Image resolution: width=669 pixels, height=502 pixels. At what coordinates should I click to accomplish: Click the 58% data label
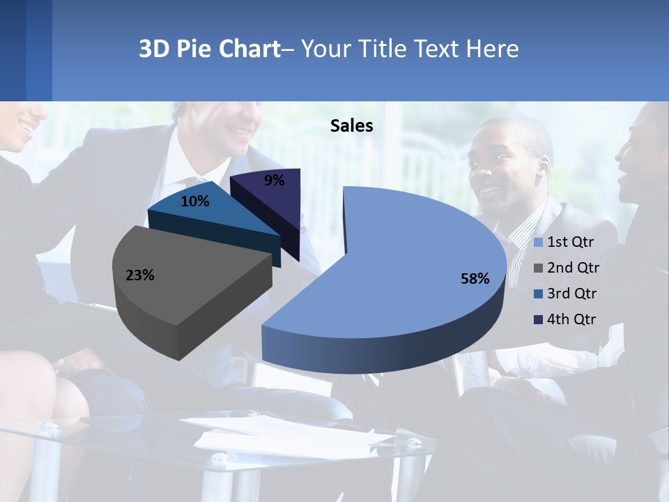pos(475,279)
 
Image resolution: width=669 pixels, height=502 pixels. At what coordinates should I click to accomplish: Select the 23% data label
pos(139,275)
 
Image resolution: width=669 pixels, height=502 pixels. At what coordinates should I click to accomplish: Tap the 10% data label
pos(194,201)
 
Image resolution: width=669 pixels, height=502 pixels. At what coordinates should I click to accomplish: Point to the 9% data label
pos(275,181)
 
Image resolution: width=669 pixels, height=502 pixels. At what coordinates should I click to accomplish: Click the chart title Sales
pos(351,125)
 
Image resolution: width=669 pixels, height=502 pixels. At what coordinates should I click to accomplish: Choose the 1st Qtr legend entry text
pos(571,242)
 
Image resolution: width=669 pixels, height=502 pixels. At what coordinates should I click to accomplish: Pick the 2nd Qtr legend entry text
pos(573,268)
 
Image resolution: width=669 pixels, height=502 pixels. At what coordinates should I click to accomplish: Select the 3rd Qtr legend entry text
pos(572,294)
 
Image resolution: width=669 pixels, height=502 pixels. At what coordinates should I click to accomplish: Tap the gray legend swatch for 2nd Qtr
pos(538,268)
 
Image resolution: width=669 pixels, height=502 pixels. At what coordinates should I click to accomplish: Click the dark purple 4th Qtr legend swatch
pos(538,320)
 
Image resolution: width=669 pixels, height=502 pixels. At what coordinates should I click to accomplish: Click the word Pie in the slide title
pos(194,49)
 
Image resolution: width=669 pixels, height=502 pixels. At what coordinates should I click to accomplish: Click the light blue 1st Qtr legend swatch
pos(538,243)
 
